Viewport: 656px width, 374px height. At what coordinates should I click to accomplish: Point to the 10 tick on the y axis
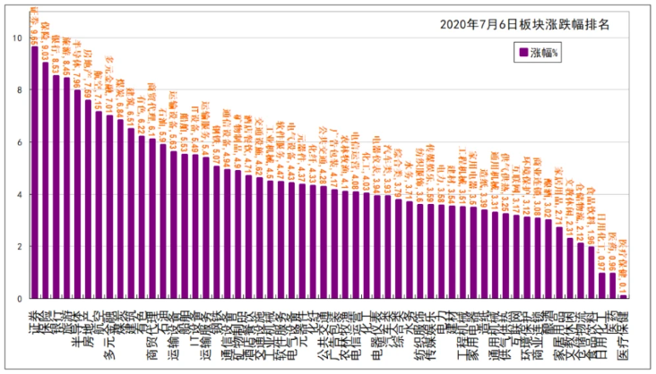pyautogui.click(x=19, y=38)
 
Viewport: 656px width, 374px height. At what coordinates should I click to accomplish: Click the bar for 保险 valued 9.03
pyautogui.click(x=46, y=180)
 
